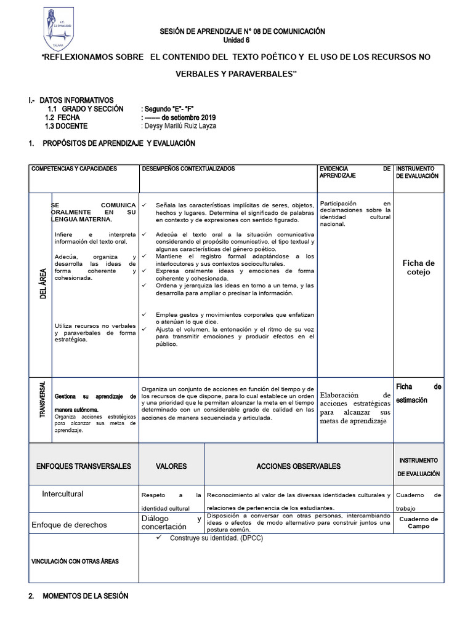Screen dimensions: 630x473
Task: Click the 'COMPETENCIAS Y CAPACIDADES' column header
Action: [74, 169]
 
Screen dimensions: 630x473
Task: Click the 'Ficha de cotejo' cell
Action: [418, 268]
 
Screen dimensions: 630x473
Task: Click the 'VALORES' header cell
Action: [171, 466]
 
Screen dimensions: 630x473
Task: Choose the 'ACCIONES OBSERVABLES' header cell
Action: [298, 466]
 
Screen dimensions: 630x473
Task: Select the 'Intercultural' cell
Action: [62, 494]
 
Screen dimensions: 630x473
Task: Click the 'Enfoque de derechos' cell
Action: [69, 525]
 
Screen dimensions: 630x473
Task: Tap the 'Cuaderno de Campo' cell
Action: [418, 523]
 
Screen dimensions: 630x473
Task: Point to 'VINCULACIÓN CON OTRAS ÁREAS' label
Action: [75, 561]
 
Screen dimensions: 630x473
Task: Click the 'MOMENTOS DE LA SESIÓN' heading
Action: [86, 597]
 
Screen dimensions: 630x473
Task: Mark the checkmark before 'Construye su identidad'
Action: [158, 538]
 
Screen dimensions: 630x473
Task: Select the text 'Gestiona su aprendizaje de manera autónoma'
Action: [94, 401]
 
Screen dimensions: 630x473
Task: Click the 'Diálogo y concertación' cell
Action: [171, 523]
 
